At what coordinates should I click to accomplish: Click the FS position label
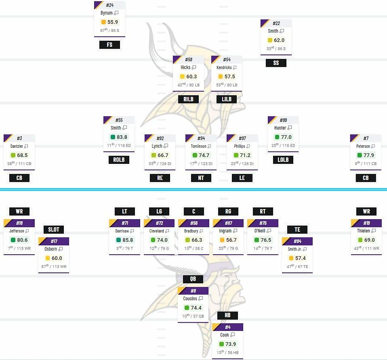click(x=109, y=45)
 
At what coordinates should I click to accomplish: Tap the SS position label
click(x=276, y=63)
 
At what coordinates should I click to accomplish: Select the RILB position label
click(x=188, y=99)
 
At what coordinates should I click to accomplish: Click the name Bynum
click(x=107, y=13)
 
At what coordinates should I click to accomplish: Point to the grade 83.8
click(x=122, y=137)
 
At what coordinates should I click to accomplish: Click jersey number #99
click(x=283, y=120)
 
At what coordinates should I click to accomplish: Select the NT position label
click(x=201, y=178)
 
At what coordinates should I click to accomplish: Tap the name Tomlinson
click(x=198, y=146)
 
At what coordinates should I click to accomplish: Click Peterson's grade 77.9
click(x=368, y=155)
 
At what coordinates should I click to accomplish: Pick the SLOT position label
click(x=54, y=230)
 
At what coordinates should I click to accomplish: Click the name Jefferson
click(x=17, y=231)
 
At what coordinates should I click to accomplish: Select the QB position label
click(x=193, y=279)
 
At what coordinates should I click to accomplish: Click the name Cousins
click(x=190, y=299)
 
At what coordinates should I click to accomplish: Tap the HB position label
click(x=227, y=315)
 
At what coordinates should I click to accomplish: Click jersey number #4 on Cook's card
click(x=228, y=327)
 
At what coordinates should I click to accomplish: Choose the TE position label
click(x=297, y=230)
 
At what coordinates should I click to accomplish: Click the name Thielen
click(x=363, y=231)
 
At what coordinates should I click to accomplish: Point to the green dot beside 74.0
click(x=153, y=240)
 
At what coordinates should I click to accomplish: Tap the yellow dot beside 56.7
click(x=222, y=240)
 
